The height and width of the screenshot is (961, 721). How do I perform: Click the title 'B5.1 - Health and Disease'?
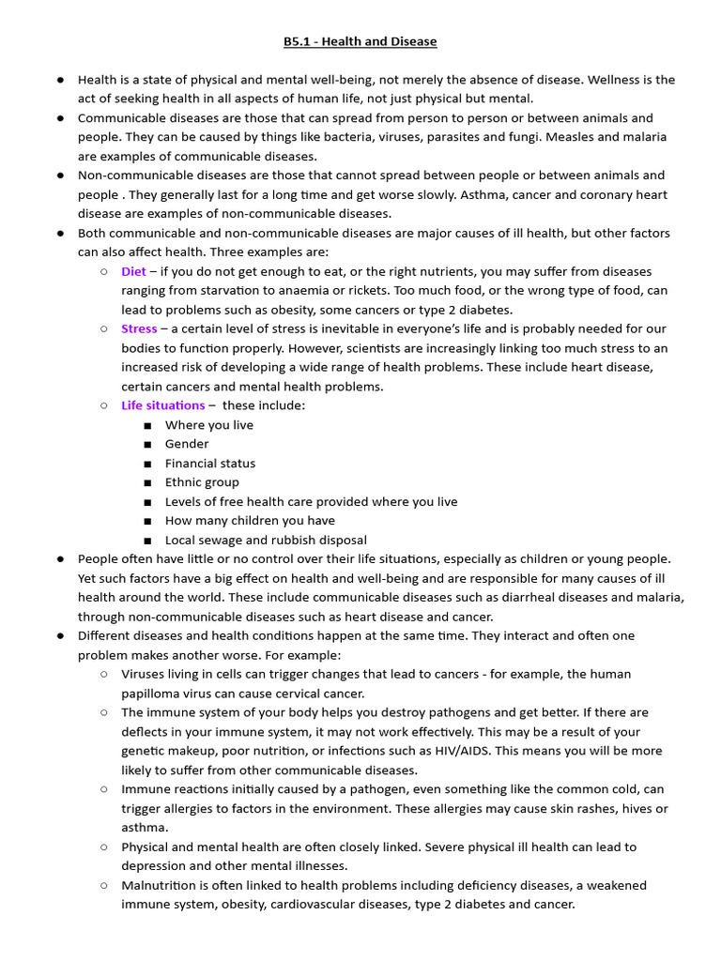tap(360, 41)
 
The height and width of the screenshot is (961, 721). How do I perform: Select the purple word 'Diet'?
tap(133, 271)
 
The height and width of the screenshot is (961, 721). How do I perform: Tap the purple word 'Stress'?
tap(139, 328)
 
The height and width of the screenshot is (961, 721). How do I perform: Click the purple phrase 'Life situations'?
tap(162, 405)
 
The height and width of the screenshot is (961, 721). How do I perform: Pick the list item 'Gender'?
tap(187, 444)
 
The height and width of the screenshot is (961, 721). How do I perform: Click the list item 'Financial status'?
tap(209, 463)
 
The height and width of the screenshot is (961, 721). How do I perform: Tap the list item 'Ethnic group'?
tap(202, 482)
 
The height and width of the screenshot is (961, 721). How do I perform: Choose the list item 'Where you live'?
tap(208, 425)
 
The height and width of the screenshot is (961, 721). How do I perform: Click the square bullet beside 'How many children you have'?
tap(147, 521)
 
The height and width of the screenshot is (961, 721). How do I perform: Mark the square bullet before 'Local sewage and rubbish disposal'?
tap(147, 541)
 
